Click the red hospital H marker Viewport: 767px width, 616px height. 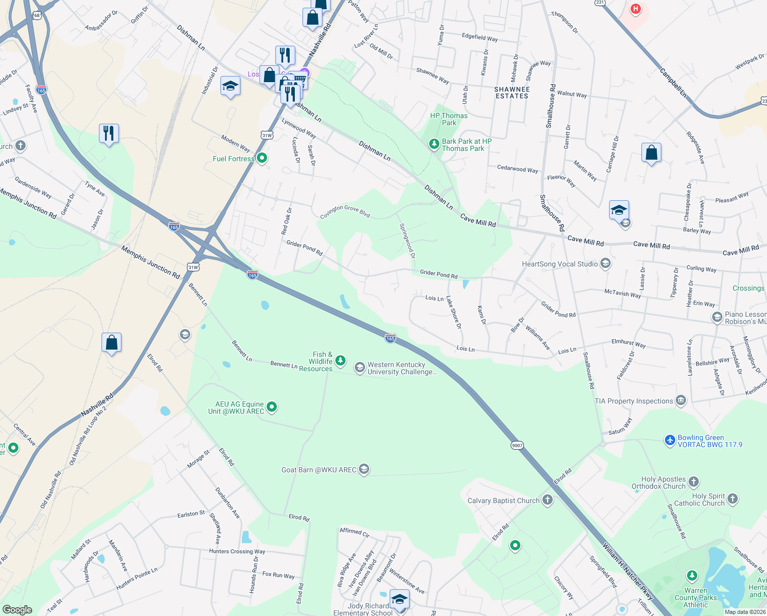pos(636,9)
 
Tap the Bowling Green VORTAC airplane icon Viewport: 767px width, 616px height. pos(670,440)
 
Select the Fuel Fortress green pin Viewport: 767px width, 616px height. pos(262,158)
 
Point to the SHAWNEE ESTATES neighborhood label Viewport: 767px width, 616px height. pos(512,92)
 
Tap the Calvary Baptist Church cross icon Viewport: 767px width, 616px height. pos(548,500)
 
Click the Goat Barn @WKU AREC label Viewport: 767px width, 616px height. pos(318,470)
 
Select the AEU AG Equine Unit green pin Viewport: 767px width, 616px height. pos(272,407)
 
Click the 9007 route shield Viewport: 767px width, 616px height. pos(517,445)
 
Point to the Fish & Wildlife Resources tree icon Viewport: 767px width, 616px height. pos(340,361)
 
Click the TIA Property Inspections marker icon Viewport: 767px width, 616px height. pos(681,400)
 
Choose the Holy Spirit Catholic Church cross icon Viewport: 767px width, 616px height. pos(733,498)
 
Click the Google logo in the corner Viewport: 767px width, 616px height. pos(17,609)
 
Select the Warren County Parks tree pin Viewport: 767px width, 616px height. pos(692,575)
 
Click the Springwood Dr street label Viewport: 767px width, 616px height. pos(408,240)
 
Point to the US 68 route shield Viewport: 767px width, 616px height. pos(36,15)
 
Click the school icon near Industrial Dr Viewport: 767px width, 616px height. pos(230,86)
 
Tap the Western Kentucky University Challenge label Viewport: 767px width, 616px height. pos(402,368)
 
